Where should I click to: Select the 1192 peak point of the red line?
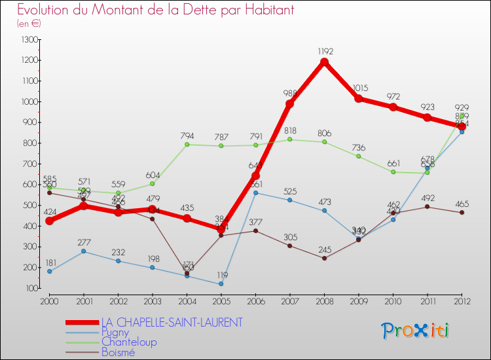point(324,62)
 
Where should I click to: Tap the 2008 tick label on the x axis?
point(324,300)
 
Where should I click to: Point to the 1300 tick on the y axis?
point(29,40)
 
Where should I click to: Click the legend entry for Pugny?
point(115,332)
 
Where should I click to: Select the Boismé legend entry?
point(118,352)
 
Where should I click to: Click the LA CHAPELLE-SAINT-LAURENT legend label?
point(172,322)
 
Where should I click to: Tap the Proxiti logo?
point(416,331)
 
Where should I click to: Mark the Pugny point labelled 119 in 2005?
point(221,284)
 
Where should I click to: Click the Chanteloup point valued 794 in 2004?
point(187,144)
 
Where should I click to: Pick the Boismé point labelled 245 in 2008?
point(324,258)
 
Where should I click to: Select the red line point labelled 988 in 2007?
point(289,104)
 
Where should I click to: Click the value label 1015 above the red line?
point(359,88)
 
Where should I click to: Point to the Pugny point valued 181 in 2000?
point(49,271)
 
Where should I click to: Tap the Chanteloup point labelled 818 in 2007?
point(289,139)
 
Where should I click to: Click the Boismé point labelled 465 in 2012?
point(462,212)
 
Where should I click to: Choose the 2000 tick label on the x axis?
point(49,300)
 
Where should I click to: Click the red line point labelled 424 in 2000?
point(49,221)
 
